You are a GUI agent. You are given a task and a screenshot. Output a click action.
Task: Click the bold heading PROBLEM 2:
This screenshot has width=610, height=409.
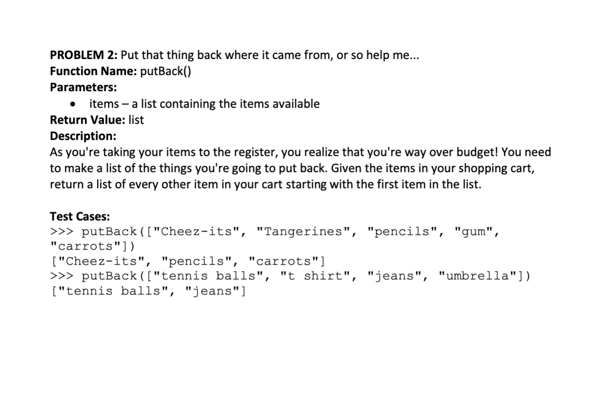83,55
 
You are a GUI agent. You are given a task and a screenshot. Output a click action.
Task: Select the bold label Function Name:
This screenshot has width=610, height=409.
93,71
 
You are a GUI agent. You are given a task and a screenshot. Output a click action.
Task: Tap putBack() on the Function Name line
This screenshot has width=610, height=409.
165,72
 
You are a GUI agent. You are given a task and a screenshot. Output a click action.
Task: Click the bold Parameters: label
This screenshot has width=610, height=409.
83,87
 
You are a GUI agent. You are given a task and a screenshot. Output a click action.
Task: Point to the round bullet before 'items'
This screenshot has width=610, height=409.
72,104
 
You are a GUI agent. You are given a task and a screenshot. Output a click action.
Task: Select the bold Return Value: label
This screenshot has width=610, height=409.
88,120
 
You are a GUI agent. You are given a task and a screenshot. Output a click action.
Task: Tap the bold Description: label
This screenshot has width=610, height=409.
83,136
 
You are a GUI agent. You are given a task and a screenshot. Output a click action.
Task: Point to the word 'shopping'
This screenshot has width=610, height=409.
482,169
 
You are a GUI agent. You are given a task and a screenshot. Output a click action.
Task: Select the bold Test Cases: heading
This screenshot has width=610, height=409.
80,216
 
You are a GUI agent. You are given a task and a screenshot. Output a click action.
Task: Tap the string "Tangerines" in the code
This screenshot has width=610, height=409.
303,232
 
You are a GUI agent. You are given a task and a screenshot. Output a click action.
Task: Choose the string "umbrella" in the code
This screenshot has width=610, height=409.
477,276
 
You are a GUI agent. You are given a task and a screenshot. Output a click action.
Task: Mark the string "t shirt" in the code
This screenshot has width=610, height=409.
315,276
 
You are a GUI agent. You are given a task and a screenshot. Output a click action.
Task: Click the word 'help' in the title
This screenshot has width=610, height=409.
377,56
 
